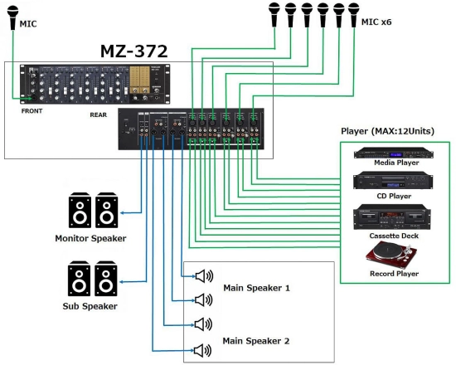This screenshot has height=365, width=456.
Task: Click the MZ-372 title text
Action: click(x=135, y=51)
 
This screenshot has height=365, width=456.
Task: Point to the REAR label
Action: click(x=99, y=115)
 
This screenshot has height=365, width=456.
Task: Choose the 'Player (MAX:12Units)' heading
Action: click(x=387, y=131)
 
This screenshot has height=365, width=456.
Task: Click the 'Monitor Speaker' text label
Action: click(x=90, y=238)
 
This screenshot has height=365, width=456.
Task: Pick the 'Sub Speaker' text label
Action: click(x=90, y=305)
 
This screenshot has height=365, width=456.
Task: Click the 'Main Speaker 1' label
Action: click(x=256, y=288)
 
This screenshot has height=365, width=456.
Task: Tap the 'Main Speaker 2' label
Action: click(x=256, y=341)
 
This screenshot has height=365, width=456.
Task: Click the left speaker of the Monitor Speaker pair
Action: click(x=80, y=212)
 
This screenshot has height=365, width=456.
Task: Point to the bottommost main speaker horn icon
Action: click(x=203, y=349)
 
